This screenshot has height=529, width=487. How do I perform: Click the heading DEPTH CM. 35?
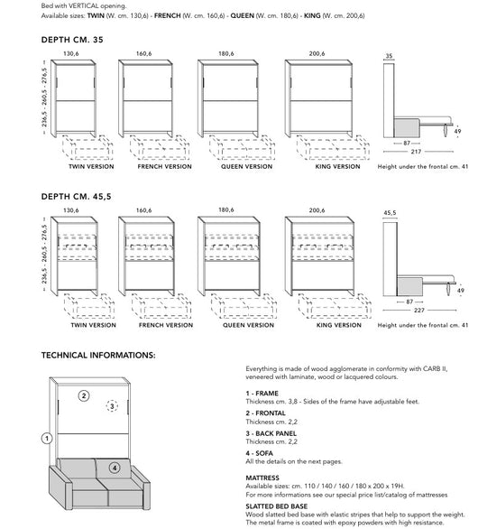[72, 40]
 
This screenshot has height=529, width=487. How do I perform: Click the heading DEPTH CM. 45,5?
[76, 195]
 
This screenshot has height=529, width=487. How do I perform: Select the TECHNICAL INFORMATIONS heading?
[99, 356]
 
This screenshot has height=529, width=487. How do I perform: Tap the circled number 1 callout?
[46, 439]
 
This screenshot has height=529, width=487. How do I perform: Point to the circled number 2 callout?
[83, 395]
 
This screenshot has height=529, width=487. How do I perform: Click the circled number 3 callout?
[112, 407]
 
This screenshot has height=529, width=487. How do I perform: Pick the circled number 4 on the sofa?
[114, 469]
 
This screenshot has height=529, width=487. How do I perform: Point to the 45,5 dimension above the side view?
[390, 214]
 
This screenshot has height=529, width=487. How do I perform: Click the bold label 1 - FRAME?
[262, 394]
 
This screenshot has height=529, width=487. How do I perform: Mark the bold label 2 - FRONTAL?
[265, 413]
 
